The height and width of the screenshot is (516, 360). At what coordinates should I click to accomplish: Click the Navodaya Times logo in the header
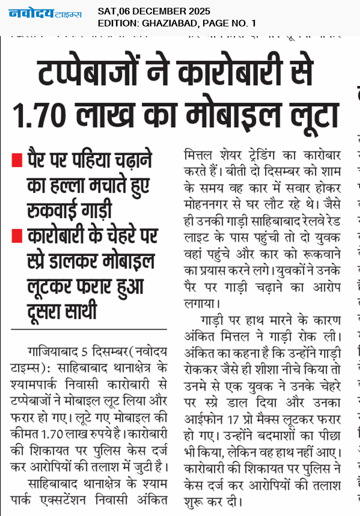coord(45,13)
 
